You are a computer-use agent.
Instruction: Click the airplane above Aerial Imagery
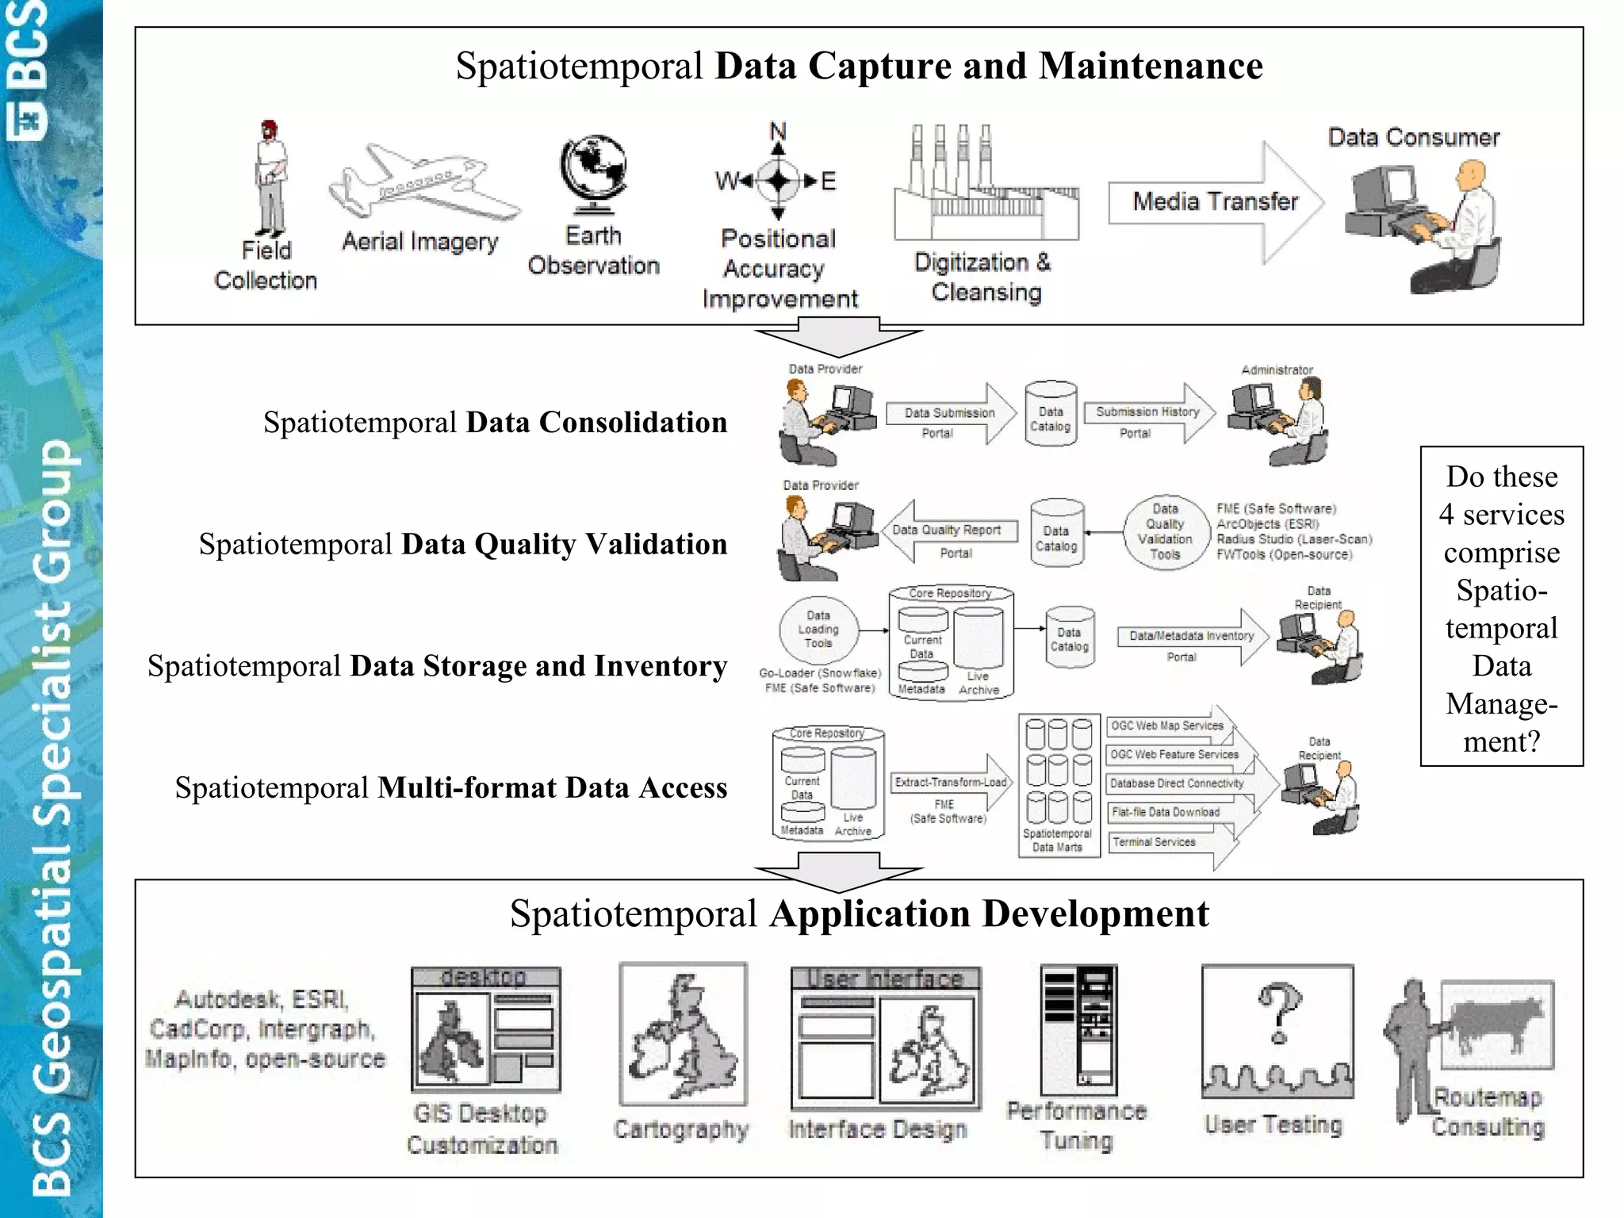point(424,182)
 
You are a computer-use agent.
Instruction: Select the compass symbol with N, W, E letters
point(778,181)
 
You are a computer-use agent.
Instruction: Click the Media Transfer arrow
point(1215,202)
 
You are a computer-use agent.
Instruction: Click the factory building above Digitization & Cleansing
point(986,190)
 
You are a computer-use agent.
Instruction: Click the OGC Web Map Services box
point(1166,726)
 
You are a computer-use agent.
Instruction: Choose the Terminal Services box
point(1155,842)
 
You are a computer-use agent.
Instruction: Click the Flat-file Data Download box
point(1166,812)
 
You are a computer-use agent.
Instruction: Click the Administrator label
point(1277,370)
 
